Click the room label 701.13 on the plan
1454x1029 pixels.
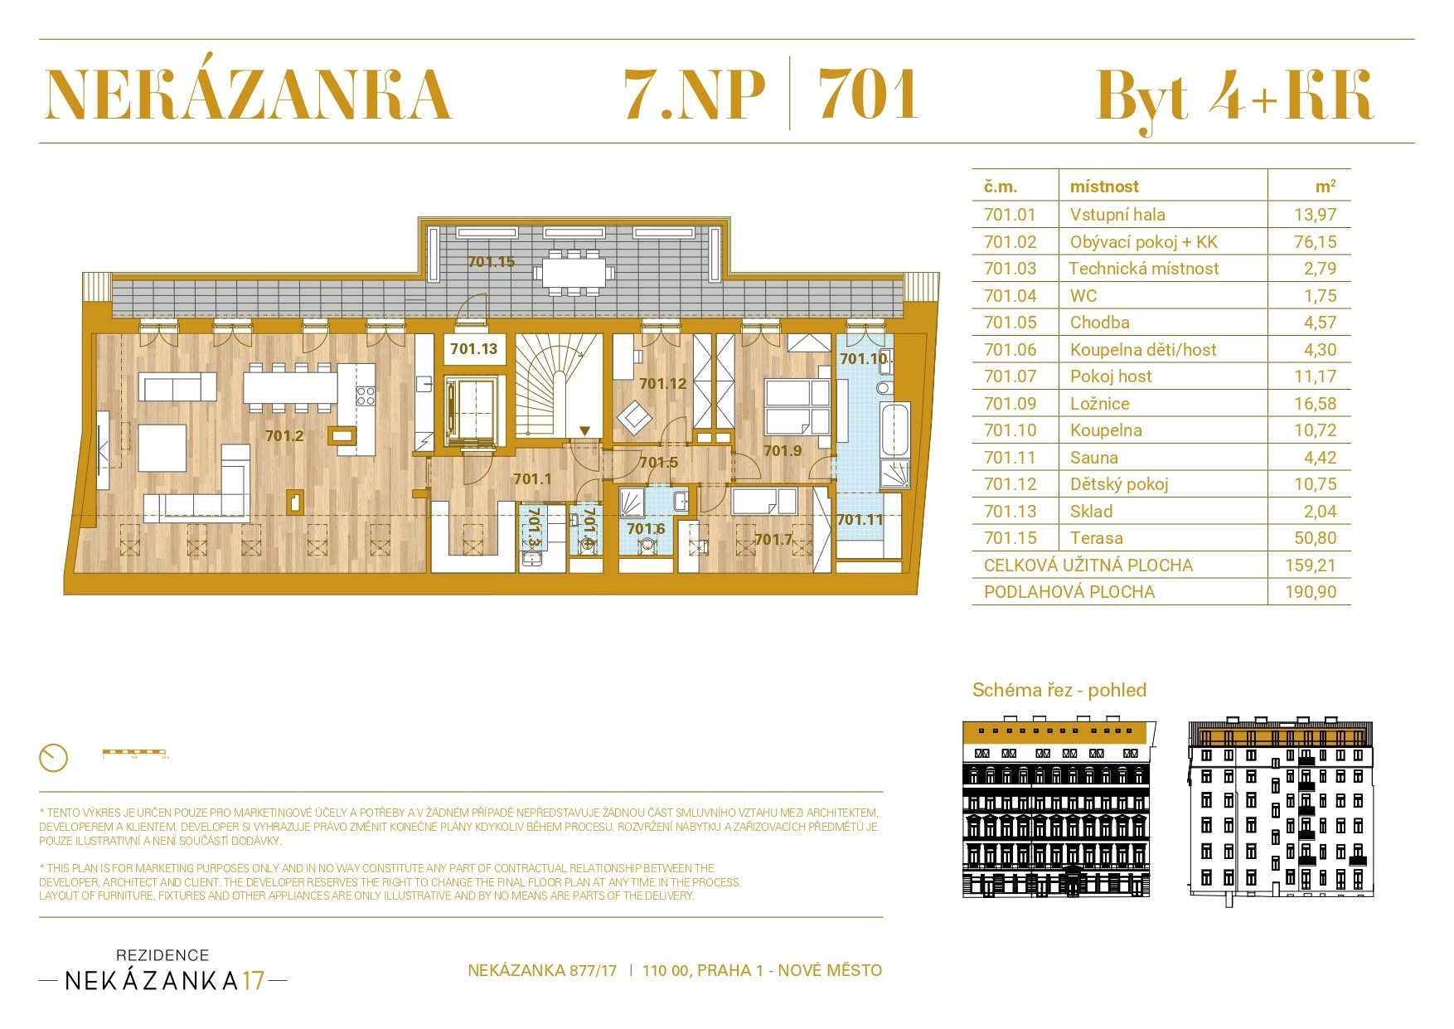pyautogui.click(x=473, y=349)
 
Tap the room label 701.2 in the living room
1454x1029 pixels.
pyautogui.click(x=284, y=435)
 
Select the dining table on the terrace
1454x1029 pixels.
pyautogui.click(x=574, y=271)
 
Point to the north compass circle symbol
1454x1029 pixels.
pyautogui.click(x=53, y=757)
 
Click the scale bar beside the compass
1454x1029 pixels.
pyautogui.click(x=134, y=753)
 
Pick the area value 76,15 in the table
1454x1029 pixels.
pyautogui.click(x=1315, y=242)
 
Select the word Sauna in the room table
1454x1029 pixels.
pyautogui.click(x=1093, y=458)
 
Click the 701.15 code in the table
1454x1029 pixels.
pyautogui.click(x=1010, y=538)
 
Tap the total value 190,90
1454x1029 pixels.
pyautogui.click(x=1310, y=592)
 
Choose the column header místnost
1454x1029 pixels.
pyautogui.click(x=1104, y=187)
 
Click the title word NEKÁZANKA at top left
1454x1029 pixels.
pyautogui.click(x=248, y=94)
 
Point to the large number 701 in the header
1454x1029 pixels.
pyautogui.click(x=867, y=94)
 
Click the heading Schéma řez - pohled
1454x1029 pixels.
pyautogui.click(x=1059, y=690)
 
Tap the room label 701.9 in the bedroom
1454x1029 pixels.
pyautogui.click(x=782, y=450)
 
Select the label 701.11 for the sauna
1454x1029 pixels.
pyautogui.click(x=860, y=520)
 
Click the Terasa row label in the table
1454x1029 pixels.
pyautogui.click(x=1096, y=538)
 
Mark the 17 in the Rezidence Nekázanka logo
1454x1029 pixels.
pyautogui.click(x=254, y=981)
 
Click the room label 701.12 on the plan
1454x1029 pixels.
pyautogui.click(x=662, y=383)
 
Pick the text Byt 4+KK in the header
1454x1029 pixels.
pyautogui.click(x=1234, y=95)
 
